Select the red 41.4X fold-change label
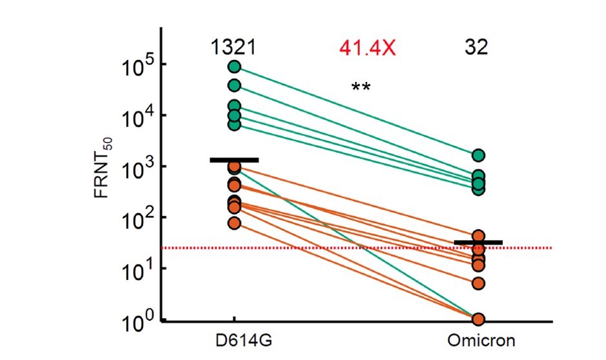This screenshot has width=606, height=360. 367,46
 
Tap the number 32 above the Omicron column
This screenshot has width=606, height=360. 477,46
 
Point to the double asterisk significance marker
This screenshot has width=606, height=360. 360,88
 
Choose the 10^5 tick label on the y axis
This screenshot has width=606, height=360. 136,66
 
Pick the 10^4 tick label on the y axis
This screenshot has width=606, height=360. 136,117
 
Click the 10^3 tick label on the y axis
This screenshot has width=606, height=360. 136,168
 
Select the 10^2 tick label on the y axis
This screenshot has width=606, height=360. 136,218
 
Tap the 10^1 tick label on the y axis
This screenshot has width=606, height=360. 136,269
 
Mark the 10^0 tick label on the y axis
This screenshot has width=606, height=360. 136,320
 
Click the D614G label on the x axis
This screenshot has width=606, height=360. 234,339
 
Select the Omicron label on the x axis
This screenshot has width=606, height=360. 478,339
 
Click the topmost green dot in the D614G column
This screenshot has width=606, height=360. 234,66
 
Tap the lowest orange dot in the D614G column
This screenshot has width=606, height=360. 234,223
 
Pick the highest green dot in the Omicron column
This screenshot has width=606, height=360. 478,155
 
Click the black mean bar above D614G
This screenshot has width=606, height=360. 234,159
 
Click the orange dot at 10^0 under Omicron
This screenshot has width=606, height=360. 478,319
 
